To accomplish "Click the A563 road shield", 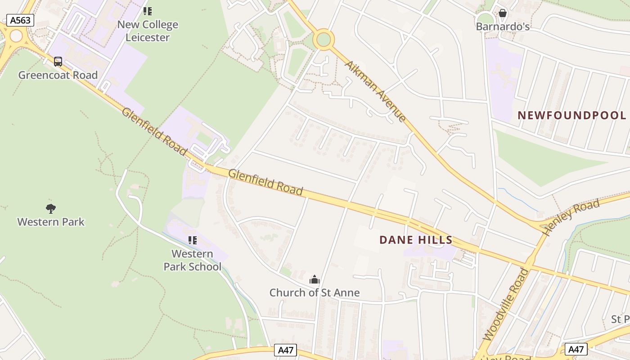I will [x=20, y=20].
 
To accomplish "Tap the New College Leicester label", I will [x=148, y=31].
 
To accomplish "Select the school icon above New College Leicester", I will [x=148, y=11].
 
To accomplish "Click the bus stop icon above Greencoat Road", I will [x=58, y=62].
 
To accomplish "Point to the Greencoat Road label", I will [x=58, y=75].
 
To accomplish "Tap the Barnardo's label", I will [x=503, y=27].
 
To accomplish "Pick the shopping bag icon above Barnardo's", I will [x=503, y=13].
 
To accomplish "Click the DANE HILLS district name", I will [x=416, y=240].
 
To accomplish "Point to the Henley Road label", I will [x=571, y=217].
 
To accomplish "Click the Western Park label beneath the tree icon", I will [x=51, y=222].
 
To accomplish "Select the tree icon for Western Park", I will [x=51, y=208].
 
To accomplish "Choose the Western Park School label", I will [x=193, y=260].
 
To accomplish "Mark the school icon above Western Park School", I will [x=193, y=240].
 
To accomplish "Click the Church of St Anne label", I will [x=315, y=293].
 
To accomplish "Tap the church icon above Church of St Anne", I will [x=315, y=279].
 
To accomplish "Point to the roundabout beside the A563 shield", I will [x=16, y=36].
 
